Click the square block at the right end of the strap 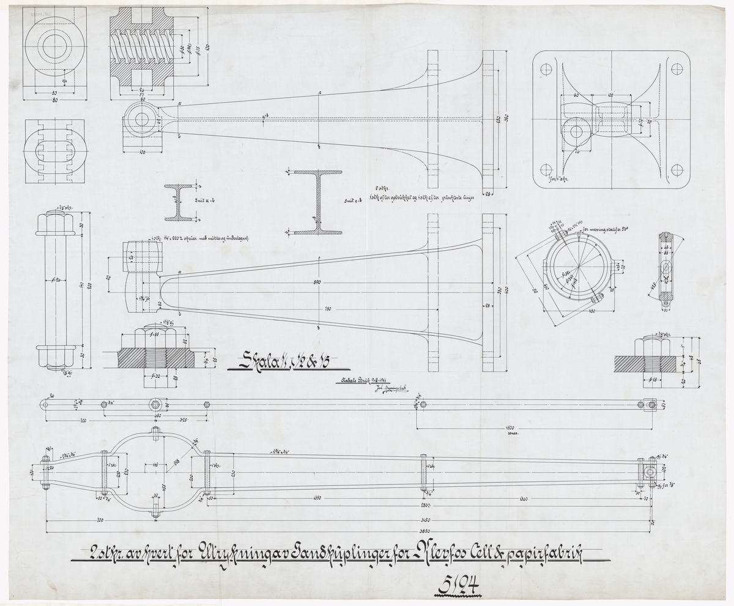[650, 405]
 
